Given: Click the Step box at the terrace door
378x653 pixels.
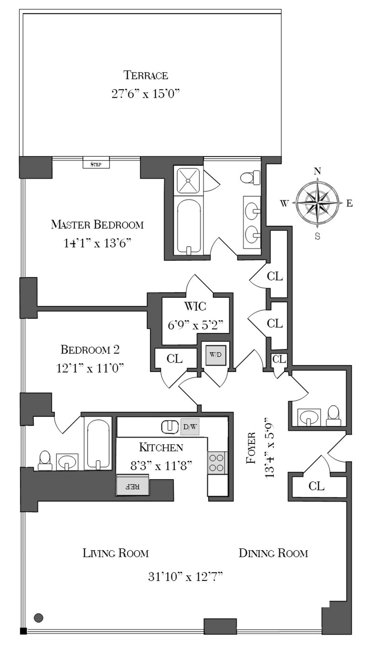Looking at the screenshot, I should coord(96,162).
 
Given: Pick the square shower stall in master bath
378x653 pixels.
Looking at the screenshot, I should coord(188,180).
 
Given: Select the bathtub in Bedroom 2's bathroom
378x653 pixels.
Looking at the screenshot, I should coord(98,444).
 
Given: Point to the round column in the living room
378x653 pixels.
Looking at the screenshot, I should coord(39,618).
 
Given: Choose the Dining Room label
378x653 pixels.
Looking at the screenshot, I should coord(273,553).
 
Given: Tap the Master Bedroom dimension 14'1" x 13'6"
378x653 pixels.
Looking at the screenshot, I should coord(97,243).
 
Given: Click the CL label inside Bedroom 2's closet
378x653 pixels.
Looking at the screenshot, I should coord(174,359).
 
